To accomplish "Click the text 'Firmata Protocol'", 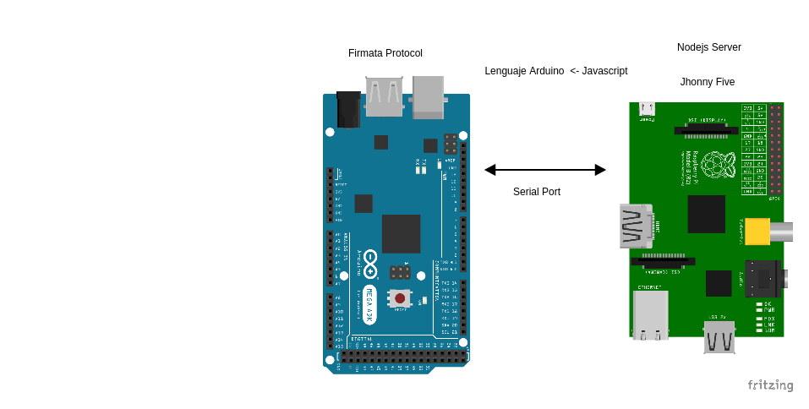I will click(385, 53).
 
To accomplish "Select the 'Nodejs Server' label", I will click(708, 47).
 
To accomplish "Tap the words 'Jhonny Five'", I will click(708, 82).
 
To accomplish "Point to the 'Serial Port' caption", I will click(536, 192).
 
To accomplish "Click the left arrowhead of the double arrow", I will click(490, 170).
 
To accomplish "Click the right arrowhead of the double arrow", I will click(600, 170).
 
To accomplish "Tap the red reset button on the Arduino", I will click(400, 298).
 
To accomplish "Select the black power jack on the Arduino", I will click(348, 110).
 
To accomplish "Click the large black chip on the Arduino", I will click(401, 234).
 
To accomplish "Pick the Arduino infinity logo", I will click(370, 263).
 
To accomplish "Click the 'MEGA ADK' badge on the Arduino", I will click(369, 304).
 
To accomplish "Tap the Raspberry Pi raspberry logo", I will click(718, 165).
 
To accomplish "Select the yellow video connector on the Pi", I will click(757, 232).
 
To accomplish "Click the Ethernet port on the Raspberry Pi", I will click(650, 314).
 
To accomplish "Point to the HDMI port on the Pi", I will click(636, 226).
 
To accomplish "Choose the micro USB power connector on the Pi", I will click(647, 108).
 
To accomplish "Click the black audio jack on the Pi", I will click(763, 279).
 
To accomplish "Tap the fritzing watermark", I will click(770, 385).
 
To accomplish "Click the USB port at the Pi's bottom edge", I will click(719, 336).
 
